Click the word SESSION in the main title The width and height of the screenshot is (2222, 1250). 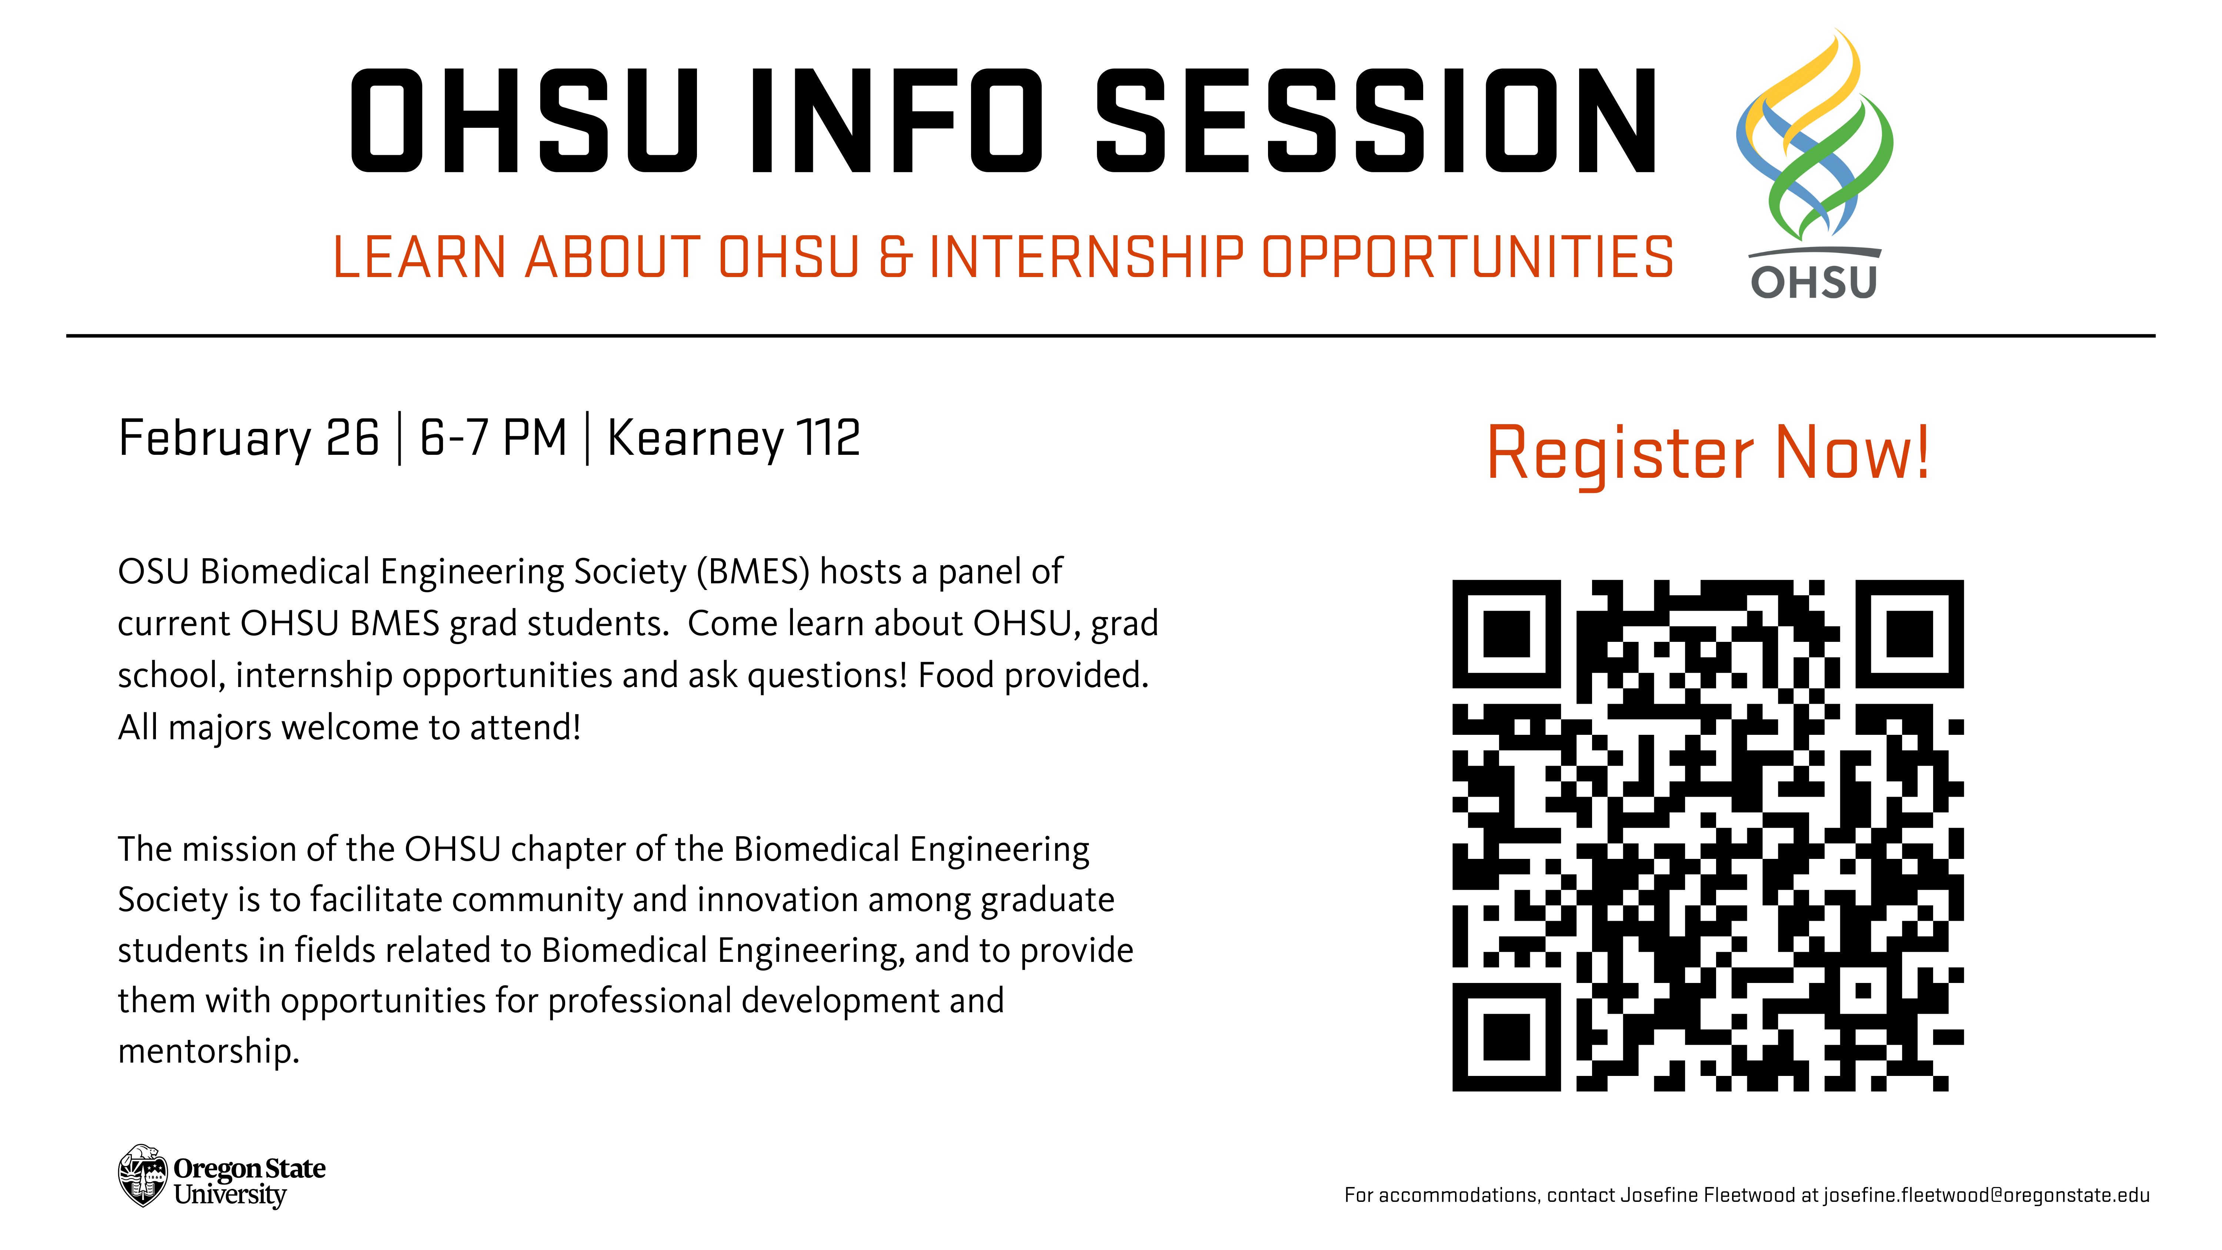(x=1376, y=120)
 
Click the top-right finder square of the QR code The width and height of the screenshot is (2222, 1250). (x=1910, y=634)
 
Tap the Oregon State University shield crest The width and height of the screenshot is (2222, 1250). (x=142, y=1176)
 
